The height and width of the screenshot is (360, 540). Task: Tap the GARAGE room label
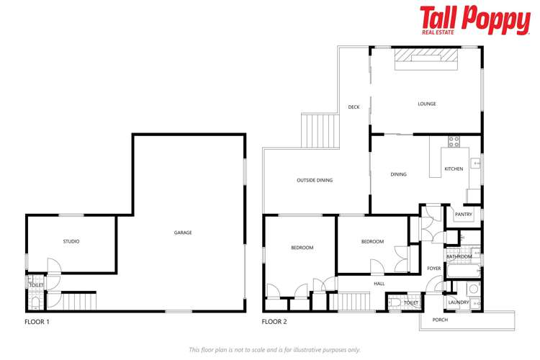click(x=183, y=233)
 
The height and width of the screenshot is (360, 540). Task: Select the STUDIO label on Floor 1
click(x=71, y=241)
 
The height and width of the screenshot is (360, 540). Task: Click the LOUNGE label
click(x=427, y=104)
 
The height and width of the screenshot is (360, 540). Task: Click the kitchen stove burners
click(x=454, y=140)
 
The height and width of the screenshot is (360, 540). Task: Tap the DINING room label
click(x=398, y=174)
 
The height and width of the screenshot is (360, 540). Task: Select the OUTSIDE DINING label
click(x=315, y=180)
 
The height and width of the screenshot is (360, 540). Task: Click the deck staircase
click(x=320, y=130)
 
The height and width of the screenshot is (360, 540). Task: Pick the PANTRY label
click(x=463, y=214)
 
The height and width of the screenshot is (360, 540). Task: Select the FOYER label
click(x=433, y=269)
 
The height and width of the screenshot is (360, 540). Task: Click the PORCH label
click(x=440, y=319)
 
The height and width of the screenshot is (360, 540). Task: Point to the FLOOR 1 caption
click(x=37, y=322)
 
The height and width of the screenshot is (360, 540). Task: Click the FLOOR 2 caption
click(x=275, y=322)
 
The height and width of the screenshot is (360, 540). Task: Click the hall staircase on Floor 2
click(x=354, y=300)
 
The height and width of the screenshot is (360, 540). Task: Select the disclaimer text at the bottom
click(x=274, y=349)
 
